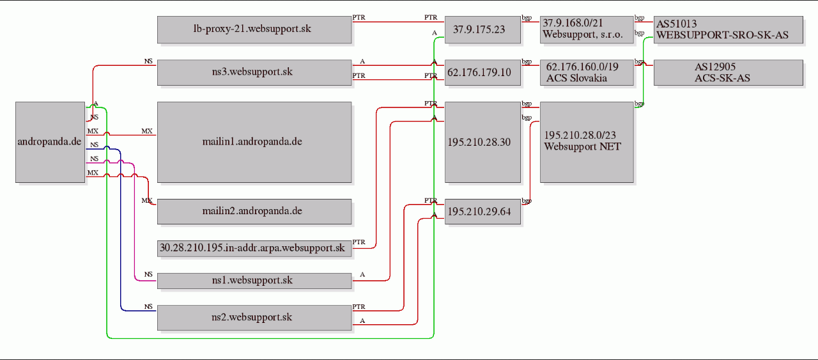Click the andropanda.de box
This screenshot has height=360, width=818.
click(50, 142)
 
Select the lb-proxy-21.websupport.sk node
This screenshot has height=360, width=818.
click(254, 29)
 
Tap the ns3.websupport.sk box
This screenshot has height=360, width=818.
click(254, 73)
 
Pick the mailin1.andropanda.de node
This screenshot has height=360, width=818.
click(254, 142)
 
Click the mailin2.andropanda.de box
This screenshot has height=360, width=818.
click(254, 212)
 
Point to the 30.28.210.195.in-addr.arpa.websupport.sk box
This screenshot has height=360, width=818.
click(254, 249)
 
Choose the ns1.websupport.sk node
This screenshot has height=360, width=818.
click(254, 281)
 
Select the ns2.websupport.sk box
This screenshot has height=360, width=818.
click(254, 318)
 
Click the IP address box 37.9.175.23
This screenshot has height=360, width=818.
click(482, 29)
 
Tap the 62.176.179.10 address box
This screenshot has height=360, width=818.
click(482, 73)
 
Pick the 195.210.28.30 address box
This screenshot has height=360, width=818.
click(482, 142)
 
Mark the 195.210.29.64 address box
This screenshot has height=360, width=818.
click(482, 212)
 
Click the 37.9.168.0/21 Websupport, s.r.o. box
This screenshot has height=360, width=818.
click(587, 29)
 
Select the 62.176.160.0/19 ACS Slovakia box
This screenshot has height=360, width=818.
click(587, 73)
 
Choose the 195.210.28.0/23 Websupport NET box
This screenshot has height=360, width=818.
click(587, 142)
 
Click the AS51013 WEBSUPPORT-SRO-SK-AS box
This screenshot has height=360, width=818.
click(729, 29)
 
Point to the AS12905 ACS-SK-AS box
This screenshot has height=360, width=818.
click(729, 73)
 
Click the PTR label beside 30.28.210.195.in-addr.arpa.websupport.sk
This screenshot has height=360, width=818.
click(359, 242)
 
